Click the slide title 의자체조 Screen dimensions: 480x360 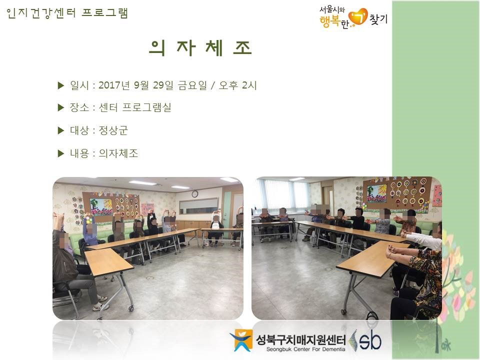coord(201,48)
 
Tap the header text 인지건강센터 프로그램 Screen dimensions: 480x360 coord(67,13)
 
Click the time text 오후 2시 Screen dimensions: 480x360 coord(237,85)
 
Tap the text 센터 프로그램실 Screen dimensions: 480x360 coord(134,107)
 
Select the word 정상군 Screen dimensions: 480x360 coord(113,130)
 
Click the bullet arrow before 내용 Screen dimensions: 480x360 coord(61,153)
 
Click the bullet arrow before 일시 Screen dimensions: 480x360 coord(61,85)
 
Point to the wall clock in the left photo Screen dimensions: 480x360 coord(194,193)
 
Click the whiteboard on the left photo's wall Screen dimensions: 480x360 coord(198,205)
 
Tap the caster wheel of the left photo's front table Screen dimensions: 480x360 coord(131,308)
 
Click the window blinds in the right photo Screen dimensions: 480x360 coord(283,195)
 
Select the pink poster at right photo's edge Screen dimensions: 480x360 coord(437,195)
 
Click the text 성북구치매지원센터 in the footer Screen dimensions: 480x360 coord(300,339)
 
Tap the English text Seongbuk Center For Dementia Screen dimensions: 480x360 coord(305,349)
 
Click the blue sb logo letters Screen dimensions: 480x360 coord(370,340)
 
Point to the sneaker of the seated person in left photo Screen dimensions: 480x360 coord(100,307)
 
